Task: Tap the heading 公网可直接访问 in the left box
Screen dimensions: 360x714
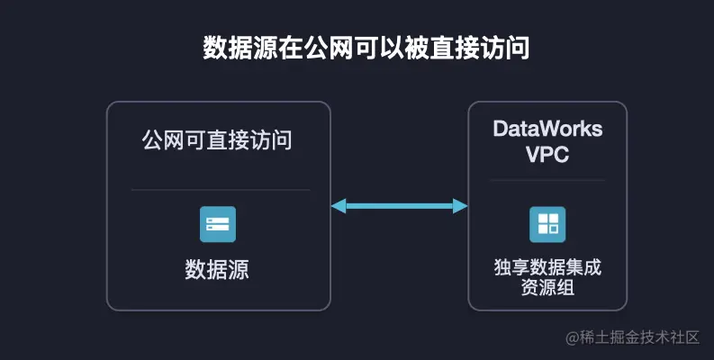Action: (218, 140)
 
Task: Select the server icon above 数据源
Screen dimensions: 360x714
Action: (218, 224)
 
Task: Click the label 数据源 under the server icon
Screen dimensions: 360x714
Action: (218, 269)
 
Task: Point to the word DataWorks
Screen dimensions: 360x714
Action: (547, 129)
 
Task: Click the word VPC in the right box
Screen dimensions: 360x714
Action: (547, 154)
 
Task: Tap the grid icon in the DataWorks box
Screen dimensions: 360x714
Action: (547, 224)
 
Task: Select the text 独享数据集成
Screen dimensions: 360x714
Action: (547, 267)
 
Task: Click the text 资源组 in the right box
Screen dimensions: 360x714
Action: (547, 288)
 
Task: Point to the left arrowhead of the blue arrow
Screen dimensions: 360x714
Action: (338, 206)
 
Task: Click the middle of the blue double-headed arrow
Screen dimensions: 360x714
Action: (399, 206)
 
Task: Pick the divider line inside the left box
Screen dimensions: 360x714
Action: (220, 190)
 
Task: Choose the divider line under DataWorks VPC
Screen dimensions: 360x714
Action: (547, 180)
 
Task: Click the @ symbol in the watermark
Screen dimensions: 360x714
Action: (572, 337)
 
